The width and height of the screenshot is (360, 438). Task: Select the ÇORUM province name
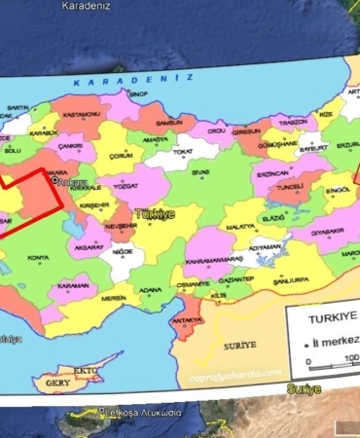click(x=121, y=155)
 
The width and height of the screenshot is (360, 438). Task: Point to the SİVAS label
click(x=200, y=172)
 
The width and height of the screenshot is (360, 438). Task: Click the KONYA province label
click(x=38, y=258)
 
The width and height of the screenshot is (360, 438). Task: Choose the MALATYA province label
click(x=239, y=226)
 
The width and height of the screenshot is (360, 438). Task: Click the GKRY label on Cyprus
click(x=57, y=383)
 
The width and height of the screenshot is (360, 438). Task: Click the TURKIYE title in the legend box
click(x=333, y=318)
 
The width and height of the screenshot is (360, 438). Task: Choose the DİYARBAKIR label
click(x=328, y=233)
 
